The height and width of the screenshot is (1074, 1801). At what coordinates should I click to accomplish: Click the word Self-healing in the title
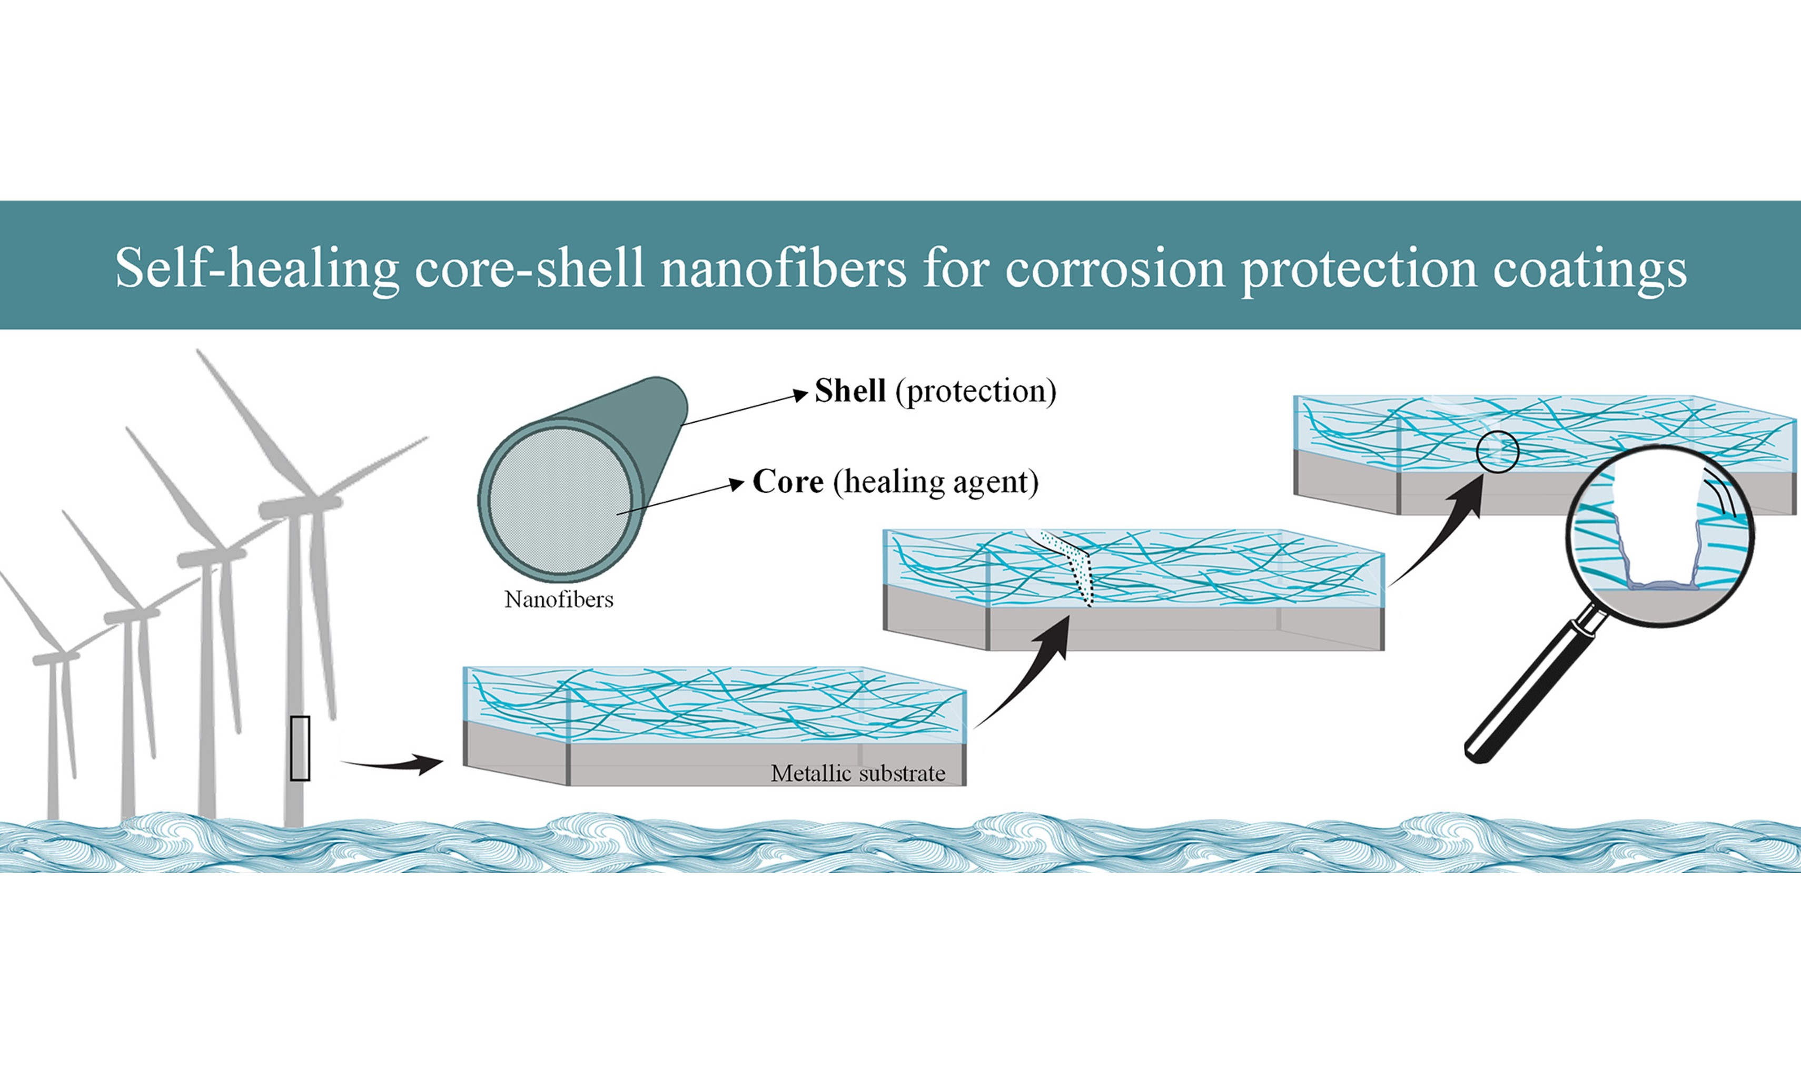click(256, 268)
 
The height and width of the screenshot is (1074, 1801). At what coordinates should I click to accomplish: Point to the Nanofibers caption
click(558, 599)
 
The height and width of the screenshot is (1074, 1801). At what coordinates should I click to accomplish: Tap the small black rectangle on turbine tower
click(300, 748)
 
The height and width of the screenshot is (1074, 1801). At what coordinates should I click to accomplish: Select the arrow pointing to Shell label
click(746, 409)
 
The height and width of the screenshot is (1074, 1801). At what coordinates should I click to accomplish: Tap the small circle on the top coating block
click(1497, 452)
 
